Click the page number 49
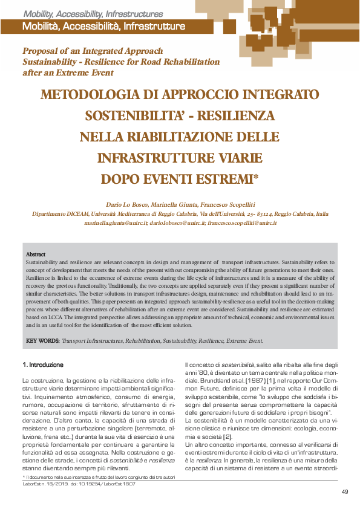point(344,491)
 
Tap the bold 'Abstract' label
point(36,254)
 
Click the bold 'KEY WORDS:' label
point(42,340)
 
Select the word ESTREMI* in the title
point(225,179)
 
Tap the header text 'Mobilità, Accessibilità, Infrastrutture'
point(103,27)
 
